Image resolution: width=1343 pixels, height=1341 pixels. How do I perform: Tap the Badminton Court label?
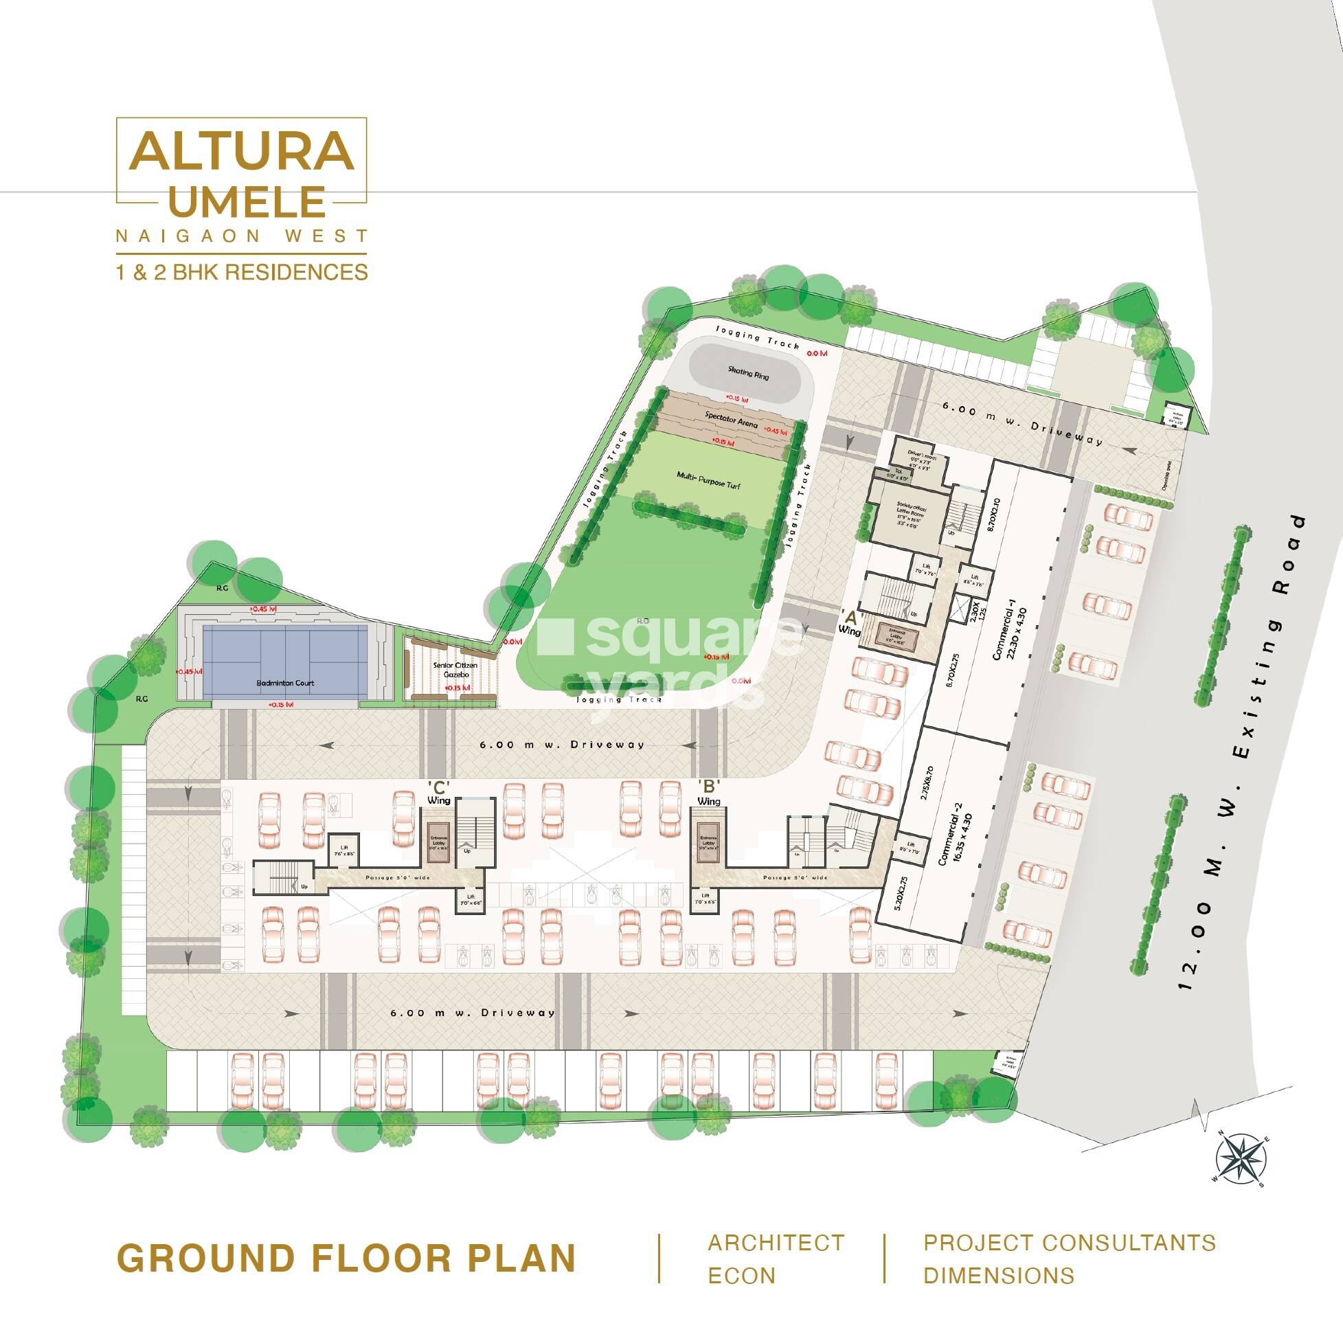pos(285,683)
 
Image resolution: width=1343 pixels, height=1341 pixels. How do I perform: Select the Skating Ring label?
pos(744,372)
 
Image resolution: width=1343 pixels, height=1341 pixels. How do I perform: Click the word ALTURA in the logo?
pos(241,154)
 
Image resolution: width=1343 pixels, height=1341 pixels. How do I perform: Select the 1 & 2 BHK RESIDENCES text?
pos(241,271)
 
